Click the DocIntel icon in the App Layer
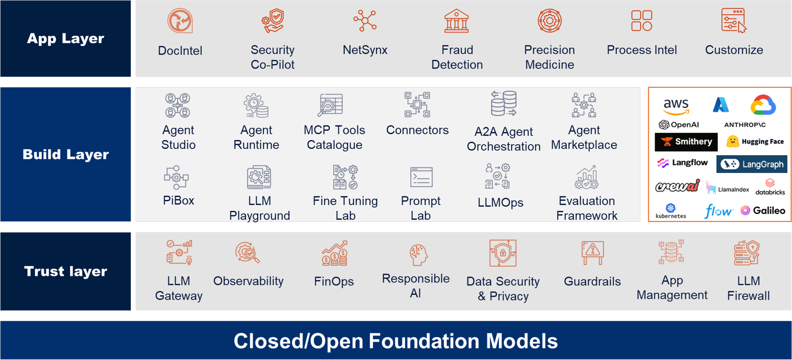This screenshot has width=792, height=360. point(180,21)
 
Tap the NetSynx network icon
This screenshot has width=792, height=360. point(365,21)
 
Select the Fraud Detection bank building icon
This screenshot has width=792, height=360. point(457,21)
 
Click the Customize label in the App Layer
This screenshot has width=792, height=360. point(734,50)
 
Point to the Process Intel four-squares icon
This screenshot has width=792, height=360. point(642,21)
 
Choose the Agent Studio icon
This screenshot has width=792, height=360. point(178,105)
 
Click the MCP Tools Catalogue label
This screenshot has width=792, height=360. point(334,137)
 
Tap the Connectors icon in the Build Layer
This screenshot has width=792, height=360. point(417,105)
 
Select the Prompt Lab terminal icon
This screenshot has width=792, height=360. point(421,177)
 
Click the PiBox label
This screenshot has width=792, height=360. point(179,200)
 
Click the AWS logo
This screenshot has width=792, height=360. point(676,106)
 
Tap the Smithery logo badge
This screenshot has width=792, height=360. point(686,142)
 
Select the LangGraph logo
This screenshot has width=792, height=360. point(752,164)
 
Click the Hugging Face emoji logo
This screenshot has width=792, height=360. point(733,142)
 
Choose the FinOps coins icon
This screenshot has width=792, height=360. point(334,254)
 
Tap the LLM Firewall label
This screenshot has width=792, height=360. point(748,288)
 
